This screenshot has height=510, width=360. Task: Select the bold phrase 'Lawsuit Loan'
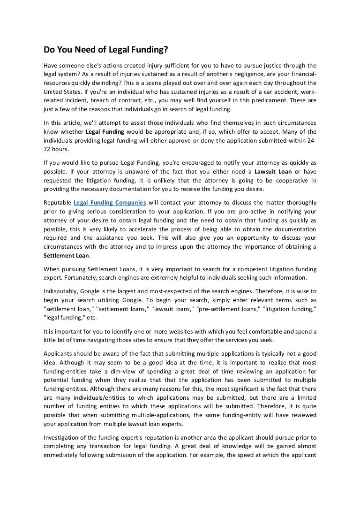coord(273,172)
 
